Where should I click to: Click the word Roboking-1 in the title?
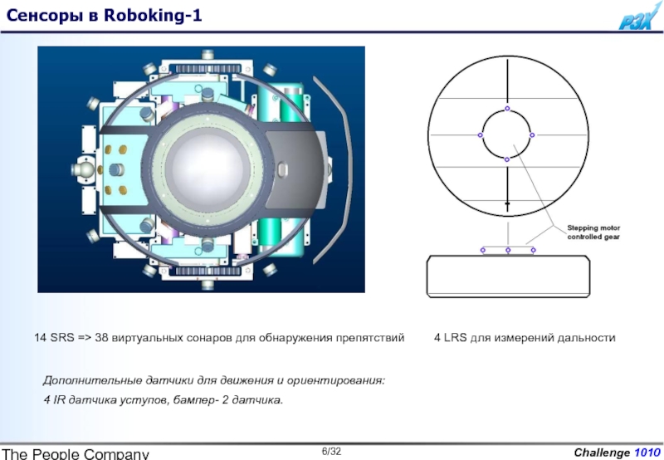[x=153, y=16]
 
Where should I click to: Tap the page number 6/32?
[x=331, y=451]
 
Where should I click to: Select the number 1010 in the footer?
[x=647, y=453]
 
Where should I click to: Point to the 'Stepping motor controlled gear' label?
[x=593, y=232]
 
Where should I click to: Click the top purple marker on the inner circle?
[x=507, y=109]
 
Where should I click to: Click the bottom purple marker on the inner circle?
[x=507, y=159]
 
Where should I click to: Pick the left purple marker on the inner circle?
[x=481, y=135]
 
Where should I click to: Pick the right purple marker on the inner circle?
[x=532, y=135]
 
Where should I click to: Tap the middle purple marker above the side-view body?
[x=508, y=250]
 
